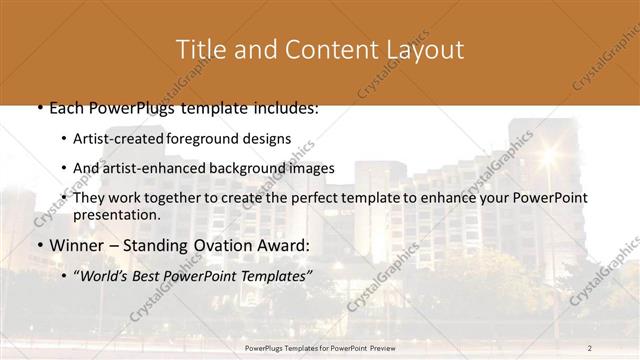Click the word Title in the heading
199,49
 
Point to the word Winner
76,245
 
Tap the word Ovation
221,245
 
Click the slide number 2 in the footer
590,347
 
